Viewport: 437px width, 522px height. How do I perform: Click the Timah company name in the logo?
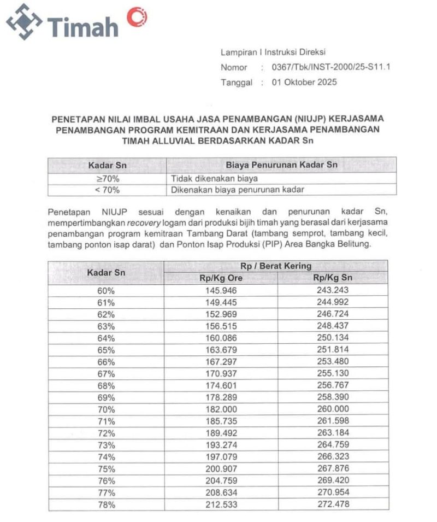click(83, 25)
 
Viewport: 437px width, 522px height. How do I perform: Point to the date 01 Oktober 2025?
click(304, 83)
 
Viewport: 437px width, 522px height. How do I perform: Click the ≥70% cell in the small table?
click(107, 178)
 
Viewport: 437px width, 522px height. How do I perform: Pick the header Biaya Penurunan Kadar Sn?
click(281, 165)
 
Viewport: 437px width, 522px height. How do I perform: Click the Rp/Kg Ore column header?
click(221, 278)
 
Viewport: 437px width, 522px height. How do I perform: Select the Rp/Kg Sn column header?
click(332, 278)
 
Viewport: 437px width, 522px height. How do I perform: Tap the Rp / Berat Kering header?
click(276, 266)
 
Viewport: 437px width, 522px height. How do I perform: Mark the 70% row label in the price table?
click(106, 409)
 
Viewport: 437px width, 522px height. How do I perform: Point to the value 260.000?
click(332, 409)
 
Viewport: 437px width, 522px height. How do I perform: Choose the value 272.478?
click(332, 505)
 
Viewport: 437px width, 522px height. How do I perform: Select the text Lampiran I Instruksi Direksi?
click(273, 53)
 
